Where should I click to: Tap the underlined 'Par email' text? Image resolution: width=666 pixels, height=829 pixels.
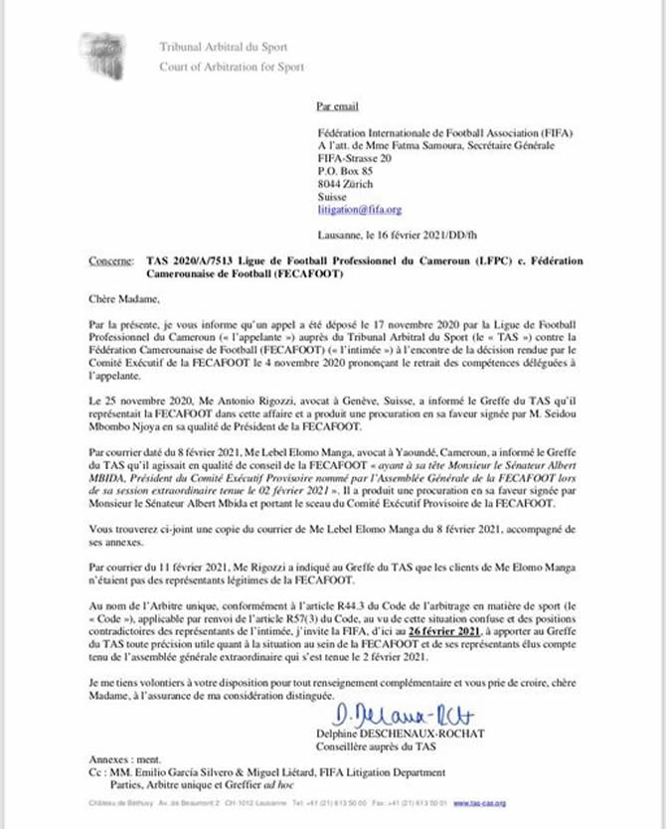pos(336,104)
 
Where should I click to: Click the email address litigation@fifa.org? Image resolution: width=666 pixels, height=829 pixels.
pos(359,210)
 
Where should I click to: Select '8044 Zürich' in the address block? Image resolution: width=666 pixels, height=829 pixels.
pos(344,184)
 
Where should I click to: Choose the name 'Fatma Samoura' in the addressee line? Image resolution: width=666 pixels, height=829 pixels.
pos(409,145)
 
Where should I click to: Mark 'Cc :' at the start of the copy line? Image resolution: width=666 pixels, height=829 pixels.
pos(96,772)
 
